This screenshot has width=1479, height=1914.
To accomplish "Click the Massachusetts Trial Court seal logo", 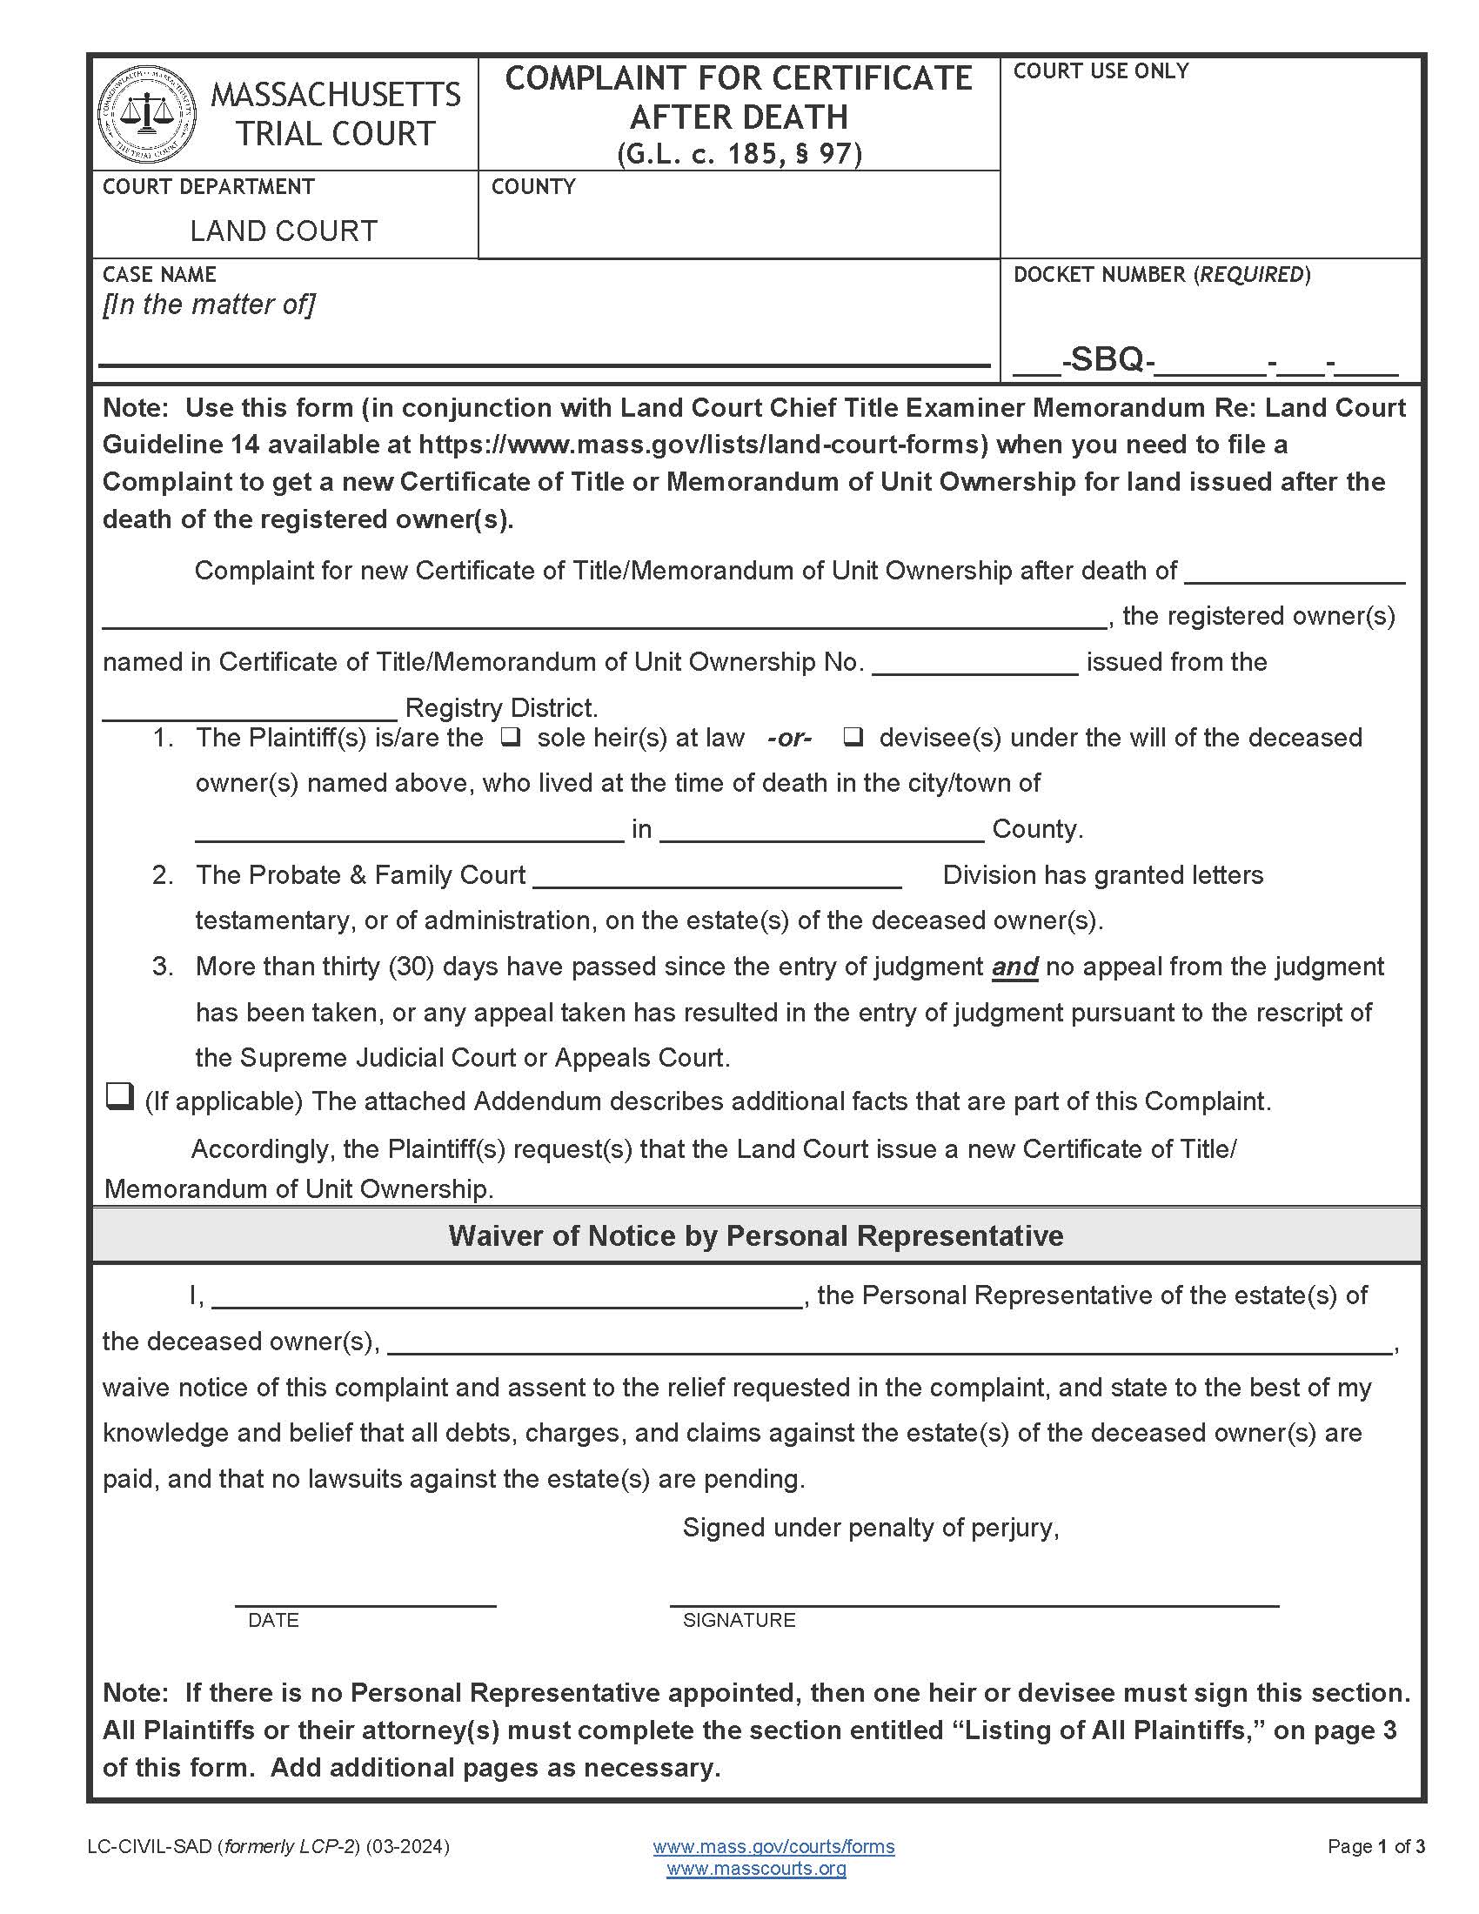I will point(146,114).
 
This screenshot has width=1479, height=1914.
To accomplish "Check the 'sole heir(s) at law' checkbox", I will point(511,738).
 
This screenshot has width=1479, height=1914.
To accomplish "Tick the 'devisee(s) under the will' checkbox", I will point(853,738).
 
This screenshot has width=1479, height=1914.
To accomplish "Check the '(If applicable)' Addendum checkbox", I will point(118,1096).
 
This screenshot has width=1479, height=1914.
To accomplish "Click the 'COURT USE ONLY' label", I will point(1101,71).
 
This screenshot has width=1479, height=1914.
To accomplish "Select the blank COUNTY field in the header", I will point(738,228).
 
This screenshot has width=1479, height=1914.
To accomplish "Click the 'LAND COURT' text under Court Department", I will point(283,231).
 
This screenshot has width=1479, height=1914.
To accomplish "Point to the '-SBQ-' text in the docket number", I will point(1108,359).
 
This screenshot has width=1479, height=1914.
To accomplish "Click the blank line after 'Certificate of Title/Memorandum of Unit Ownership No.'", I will point(974,665).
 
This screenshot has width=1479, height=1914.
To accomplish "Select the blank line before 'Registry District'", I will point(250,710).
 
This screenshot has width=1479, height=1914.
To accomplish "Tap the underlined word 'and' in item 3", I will point(1014,967).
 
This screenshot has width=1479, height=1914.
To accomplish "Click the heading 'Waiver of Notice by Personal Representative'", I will point(755,1235).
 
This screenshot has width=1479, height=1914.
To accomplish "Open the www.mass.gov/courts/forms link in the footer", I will point(773,1846).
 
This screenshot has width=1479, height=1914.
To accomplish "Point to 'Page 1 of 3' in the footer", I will point(1375,1846).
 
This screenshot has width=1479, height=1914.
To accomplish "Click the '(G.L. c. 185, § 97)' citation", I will point(739,154).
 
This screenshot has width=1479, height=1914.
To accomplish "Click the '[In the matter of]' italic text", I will point(209,304).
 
